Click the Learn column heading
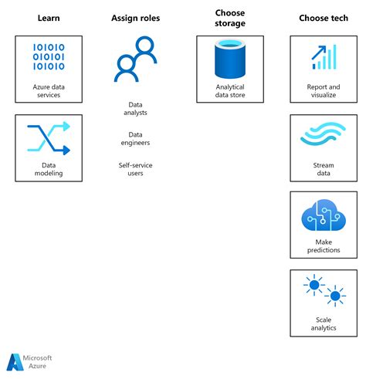click(49, 17)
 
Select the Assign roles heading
click(136, 17)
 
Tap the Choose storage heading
click(229, 17)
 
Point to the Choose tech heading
click(323, 17)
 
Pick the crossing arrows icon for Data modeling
click(49, 138)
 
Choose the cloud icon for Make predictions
click(324, 217)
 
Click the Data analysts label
click(135, 108)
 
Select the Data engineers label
click(135, 138)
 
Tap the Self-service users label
click(135, 168)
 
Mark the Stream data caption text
click(324, 169)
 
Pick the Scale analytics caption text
click(324, 323)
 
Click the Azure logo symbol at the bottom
click(16, 363)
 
